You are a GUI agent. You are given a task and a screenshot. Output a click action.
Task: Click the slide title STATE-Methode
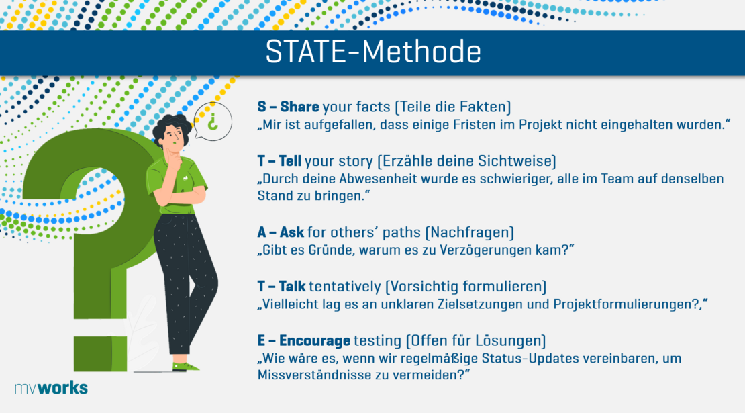[373, 51]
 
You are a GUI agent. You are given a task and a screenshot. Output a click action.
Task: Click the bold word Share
[299, 107]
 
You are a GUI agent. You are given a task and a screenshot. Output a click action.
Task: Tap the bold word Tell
[290, 161]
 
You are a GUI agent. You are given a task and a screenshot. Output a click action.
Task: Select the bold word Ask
[292, 232]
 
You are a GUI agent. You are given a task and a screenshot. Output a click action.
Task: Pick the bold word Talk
[292, 287]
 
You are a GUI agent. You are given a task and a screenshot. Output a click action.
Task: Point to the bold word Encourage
[315, 341]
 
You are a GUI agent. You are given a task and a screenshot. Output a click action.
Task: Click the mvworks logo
[51, 387]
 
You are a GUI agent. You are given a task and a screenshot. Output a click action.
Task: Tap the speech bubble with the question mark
[213, 121]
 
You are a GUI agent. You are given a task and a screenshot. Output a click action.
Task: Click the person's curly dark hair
[172, 124]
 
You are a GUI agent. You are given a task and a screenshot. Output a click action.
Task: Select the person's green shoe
[185, 367]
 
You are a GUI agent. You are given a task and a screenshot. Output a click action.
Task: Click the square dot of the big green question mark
[100, 354]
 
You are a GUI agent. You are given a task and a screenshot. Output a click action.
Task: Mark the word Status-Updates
[530, 359]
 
